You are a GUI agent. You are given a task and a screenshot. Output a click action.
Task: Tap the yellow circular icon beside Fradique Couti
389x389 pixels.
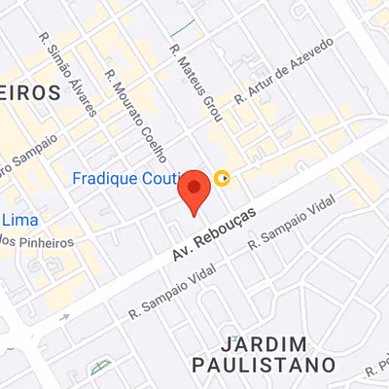point(224,177)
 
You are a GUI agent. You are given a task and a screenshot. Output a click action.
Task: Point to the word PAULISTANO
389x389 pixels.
point(276,365)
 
